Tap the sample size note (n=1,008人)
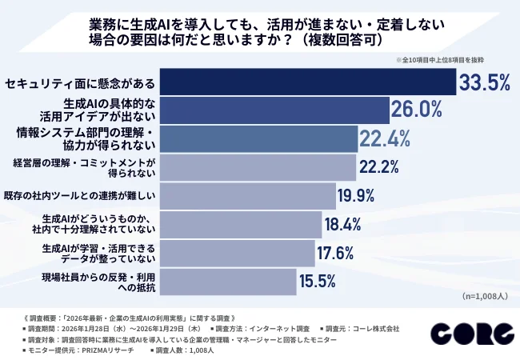click(x=485, y=296)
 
